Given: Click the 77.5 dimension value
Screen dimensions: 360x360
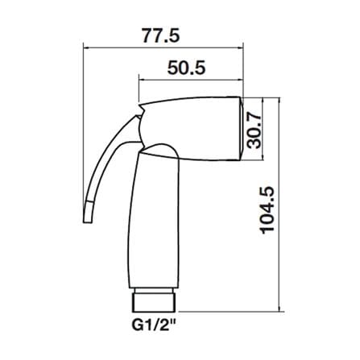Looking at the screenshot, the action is tap(160, 35).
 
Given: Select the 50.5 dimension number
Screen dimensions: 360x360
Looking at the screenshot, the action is tap(187, 68).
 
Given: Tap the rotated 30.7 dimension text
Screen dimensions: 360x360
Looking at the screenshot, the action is tap(254, 130).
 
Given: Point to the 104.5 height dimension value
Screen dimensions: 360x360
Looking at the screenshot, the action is tap(267, 210).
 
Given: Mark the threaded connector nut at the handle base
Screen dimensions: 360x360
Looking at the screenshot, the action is tap(154, 303).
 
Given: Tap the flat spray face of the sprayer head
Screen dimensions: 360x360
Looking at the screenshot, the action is tap(242, 129).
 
